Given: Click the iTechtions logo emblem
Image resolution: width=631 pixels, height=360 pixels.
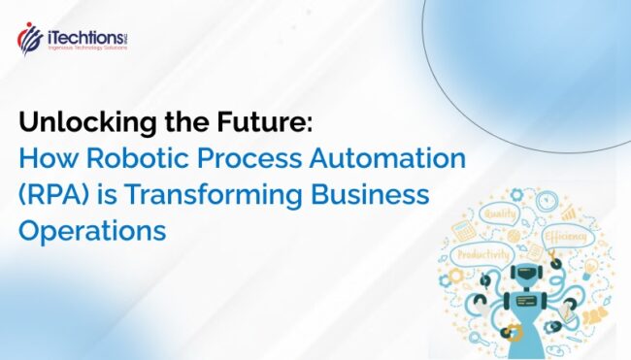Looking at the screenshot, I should point(30,38).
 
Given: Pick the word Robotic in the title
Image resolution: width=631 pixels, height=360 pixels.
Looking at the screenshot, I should point(125,158).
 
